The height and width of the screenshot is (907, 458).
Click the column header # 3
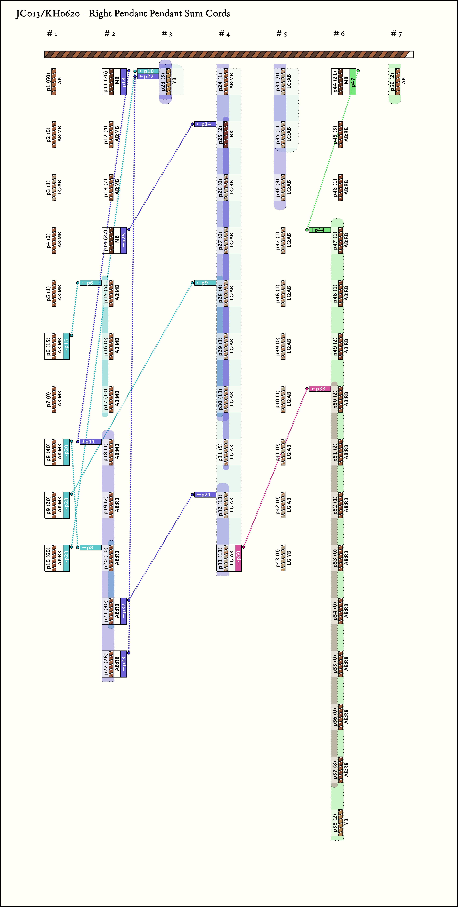point(167,34)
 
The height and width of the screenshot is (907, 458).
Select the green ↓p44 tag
point(320,230)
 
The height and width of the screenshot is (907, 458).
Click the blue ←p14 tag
point(205,124)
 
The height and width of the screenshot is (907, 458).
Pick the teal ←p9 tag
point(205,283)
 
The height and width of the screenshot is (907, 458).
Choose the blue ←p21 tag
point(205,495)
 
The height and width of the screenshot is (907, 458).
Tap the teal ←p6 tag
point(90,283)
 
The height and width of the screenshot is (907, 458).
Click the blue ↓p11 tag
point(90,442)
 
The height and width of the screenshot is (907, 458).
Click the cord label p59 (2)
point(392,82)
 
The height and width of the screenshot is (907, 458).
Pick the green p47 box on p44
point(353,82)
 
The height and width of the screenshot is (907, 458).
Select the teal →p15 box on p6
point(66,346)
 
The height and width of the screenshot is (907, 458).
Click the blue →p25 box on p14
point(124,240)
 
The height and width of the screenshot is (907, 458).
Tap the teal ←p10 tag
point(148,71)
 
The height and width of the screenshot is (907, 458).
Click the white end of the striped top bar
point(409,54)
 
